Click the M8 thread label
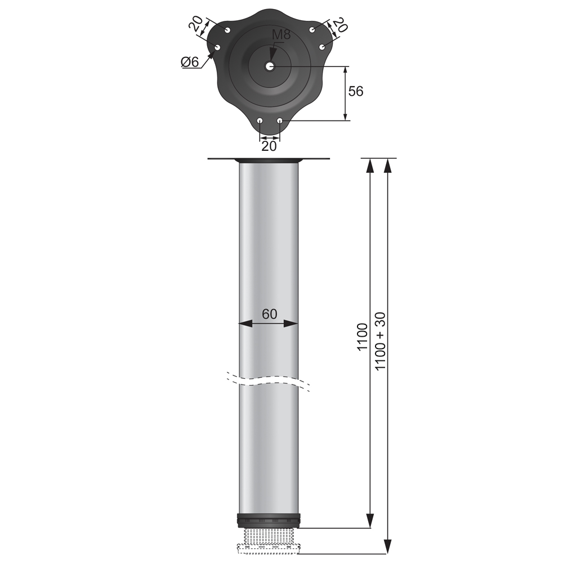point(281,35)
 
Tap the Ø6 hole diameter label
point(190,62)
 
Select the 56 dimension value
point(355,91)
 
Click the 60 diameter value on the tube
point(270,314)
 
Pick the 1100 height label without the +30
point(363,337)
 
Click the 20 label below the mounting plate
point(270,146)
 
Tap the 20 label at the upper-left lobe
point(195,24)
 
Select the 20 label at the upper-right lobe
point(339,25)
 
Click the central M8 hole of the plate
point(270,66)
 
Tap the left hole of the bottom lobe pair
point(260,120)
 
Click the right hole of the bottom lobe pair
point(280,120)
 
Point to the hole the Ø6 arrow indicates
point(217,47)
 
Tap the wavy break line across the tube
point(269,380)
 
